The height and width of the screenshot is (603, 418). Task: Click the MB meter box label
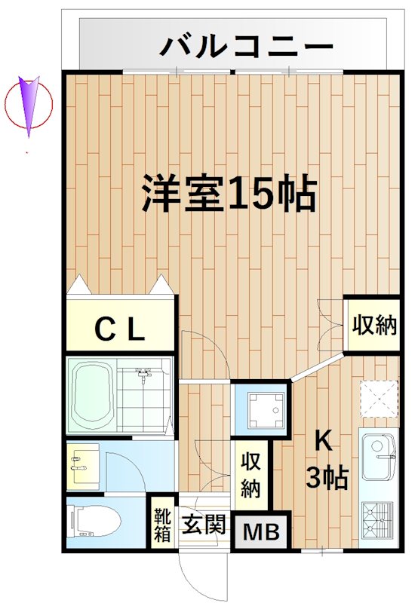(260, 533)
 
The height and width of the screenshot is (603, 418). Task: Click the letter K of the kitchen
(323, 439)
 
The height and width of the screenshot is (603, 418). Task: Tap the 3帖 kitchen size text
(327, 476)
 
